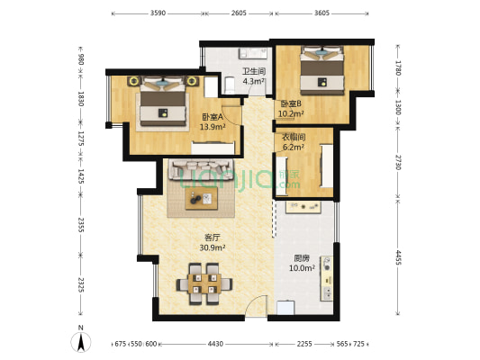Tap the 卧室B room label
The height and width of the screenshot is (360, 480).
[x=291, y=103]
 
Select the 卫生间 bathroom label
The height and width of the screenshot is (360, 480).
[x=254, y=72]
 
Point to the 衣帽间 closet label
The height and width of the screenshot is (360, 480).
[x=294, y=138]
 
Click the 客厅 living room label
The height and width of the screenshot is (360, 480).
[x=213, y=238]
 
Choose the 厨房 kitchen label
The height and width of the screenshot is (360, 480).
[x=302, y=258]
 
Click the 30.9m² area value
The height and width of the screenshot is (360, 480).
[x=213, y=247]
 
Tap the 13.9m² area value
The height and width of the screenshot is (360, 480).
[x=213, y=127]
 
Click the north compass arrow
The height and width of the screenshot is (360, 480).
[x=81, y=342]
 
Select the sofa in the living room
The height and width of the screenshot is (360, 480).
[x=201, y=169]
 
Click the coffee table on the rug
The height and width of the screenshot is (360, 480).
[x=202, y=199]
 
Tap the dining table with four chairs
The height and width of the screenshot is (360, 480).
[x=204, y=283]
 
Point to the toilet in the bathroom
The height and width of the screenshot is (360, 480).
[x=230, y=85]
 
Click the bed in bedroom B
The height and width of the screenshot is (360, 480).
[x=322, y=71]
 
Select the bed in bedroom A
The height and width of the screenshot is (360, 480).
[x=163, y=101]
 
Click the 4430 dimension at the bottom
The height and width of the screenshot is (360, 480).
[x=215, y=344]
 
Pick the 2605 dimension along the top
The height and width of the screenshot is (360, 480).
[x=239, y=13]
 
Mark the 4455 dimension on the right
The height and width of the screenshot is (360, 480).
[x=398, y=257]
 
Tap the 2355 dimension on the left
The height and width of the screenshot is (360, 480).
[x=81, y=225]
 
